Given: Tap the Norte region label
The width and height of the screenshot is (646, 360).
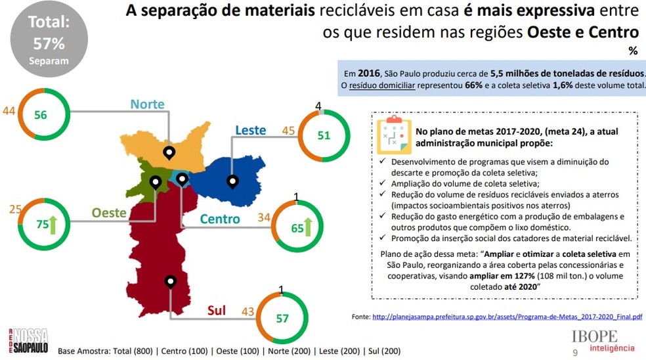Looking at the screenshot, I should (x=147, y=104).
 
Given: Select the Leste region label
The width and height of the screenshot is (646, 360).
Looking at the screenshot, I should (x=250, y=130).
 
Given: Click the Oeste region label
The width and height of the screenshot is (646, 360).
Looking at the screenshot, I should (x=109, y=213).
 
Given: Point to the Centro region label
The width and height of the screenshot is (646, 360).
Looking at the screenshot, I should (x=220, y=219).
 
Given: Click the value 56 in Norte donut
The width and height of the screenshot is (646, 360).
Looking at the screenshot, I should (x=41, y=114).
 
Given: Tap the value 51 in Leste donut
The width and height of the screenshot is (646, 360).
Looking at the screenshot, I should (x=324, y=135).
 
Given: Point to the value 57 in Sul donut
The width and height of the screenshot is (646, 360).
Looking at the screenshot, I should (x=282, y=319).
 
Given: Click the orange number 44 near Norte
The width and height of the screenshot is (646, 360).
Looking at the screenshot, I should (x=9, y=112).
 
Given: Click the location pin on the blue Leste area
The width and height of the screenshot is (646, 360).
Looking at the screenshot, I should (x=232, y=181).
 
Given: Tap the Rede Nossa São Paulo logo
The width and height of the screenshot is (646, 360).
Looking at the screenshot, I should (x=28, y=340).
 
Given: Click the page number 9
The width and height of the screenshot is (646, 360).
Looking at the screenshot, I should (x=576, y=352).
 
